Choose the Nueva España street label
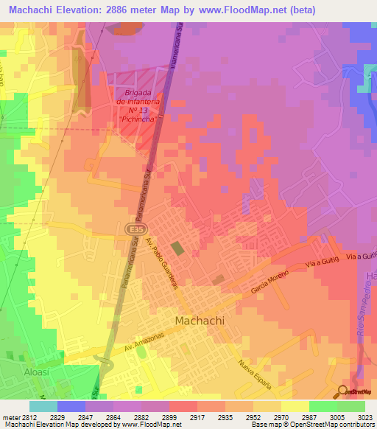point(255,374)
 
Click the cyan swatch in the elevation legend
point(43,406)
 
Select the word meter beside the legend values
point(9,416)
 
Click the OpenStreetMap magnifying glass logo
point(342,391)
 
